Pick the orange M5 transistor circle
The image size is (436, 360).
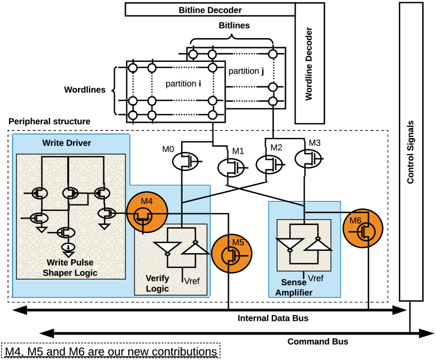point(232,254)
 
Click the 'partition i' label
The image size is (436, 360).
point(183,83)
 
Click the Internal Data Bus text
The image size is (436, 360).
point(273,318)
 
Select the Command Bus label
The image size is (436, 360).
point(317,341)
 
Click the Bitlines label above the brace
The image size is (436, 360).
point(234,25)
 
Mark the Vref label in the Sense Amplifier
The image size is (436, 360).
point(316,278)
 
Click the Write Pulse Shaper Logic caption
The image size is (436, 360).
point(72,267)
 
